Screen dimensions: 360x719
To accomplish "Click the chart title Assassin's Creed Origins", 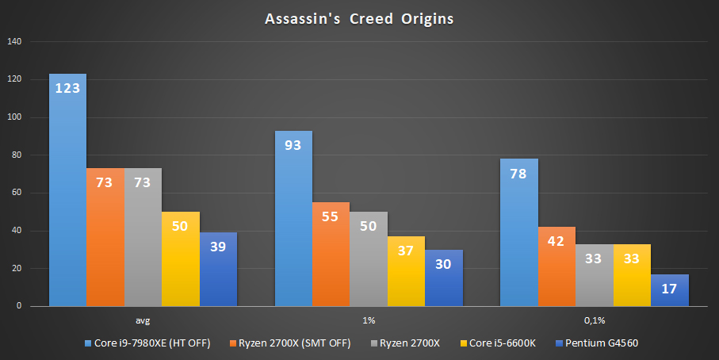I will pyautogui.click(x=359, y=19).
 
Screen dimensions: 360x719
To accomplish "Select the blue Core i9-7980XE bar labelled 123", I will pyautogui.click(x=67, y=190).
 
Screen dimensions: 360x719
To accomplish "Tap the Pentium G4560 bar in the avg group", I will pyautogui.click(x=218, y=270).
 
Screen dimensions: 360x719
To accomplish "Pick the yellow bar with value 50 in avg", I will pyautogui.click(x=181, y=259).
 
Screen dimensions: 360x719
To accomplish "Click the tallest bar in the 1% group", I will pyautogui.click(x=293, y=218).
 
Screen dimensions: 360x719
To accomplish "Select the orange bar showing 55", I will pyautogui.click(x=331, y=255).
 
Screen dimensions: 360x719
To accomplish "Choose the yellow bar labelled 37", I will pyautogui.click(x=406, y=271).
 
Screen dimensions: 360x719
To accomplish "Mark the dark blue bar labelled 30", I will pyautogui.click(x=444, y=278).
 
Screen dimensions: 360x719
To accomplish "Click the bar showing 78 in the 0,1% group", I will pyautogui.click(x=519, y=232).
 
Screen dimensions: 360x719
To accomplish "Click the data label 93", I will pyautogui.click(x=293, y=146).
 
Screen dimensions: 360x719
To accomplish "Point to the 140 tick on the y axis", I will pyautogui.click(x=15, y=42).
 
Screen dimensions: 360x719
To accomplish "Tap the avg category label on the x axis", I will pyautogui.click(x=143, y=320).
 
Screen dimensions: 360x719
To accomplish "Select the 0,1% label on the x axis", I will pyautogui.click(x=595, y=320).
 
